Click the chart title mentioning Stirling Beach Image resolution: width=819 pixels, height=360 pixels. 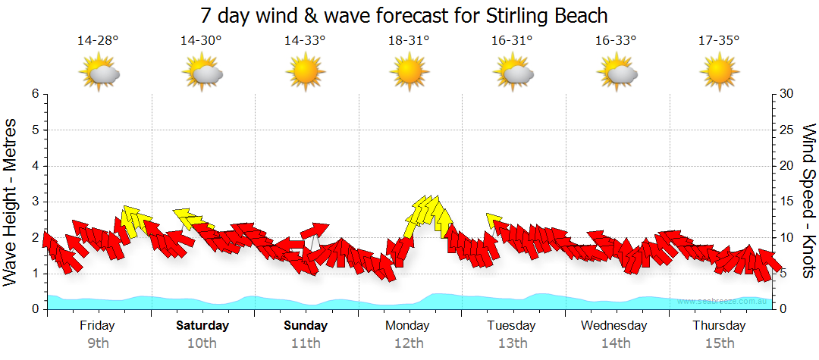click(404, 15)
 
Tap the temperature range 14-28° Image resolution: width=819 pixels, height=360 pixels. click(98, 40)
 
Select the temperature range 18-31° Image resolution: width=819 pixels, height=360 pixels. click(409, 40)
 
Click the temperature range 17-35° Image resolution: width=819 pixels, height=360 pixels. click(719, 40)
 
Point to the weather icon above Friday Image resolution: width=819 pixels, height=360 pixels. click(99, 73)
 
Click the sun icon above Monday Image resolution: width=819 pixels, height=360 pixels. click(409, 73)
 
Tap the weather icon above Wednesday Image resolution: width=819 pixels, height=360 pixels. click(617, 73)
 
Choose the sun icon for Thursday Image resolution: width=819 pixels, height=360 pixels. click(719, 73)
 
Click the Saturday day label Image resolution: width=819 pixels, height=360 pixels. click(202, 326)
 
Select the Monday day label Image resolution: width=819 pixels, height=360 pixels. click(408, 326)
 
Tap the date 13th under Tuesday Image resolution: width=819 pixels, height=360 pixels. click(513, 343)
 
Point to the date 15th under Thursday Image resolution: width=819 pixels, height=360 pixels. click(719, 343)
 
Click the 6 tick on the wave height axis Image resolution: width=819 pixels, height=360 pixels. click(35, 94)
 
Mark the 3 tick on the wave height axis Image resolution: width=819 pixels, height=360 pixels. click(35, 202)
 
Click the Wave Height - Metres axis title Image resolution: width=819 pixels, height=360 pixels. click(11, 202)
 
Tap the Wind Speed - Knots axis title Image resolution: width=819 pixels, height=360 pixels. click(808, 202)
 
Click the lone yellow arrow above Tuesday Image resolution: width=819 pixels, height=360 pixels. click(494, 221)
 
